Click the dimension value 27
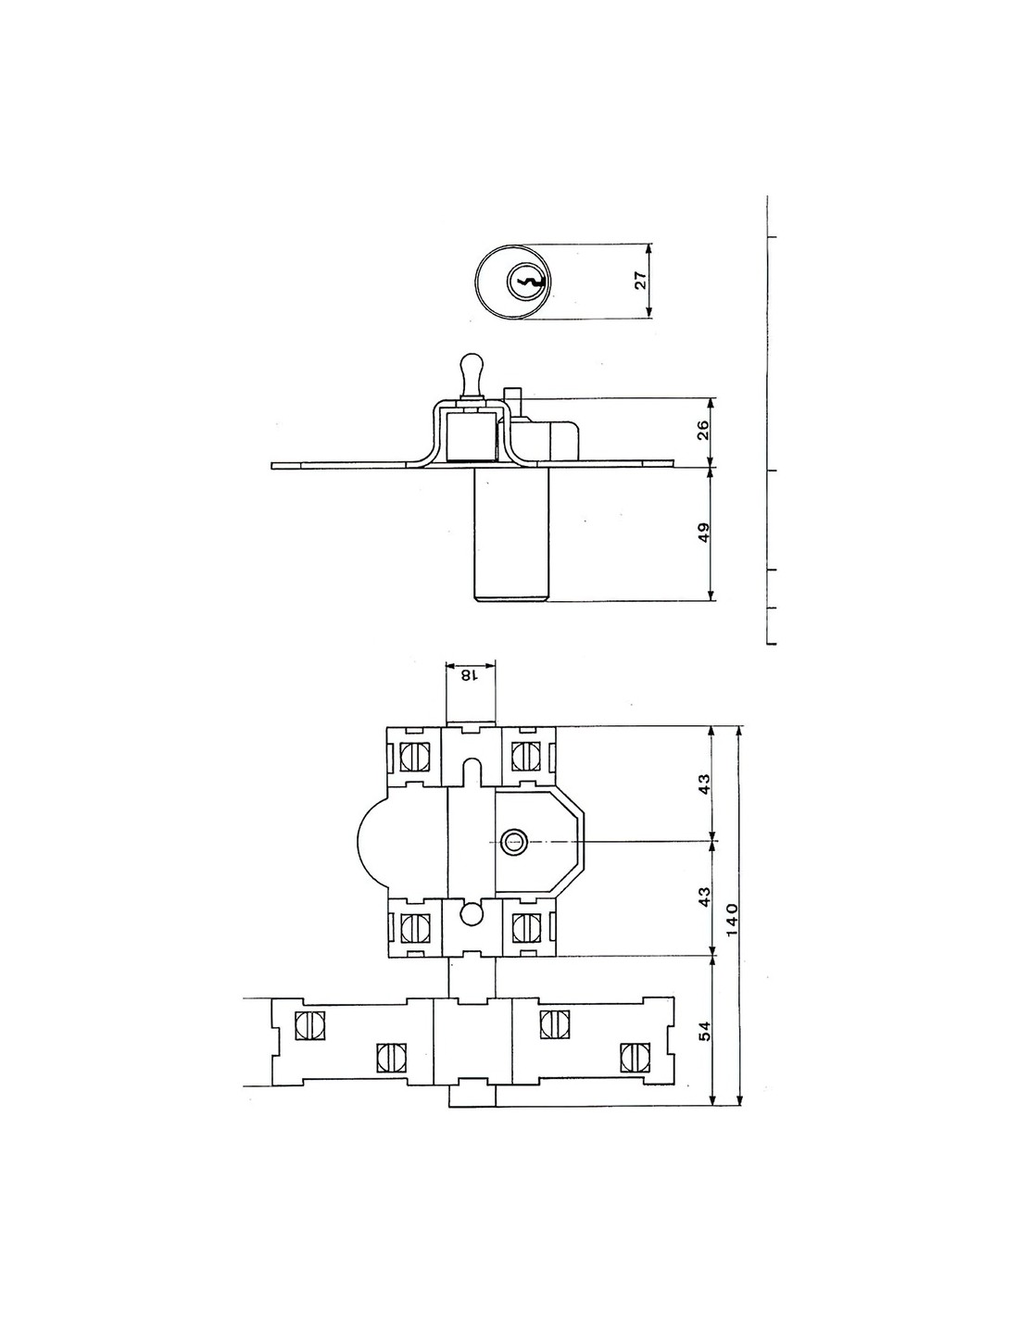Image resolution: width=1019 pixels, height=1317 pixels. [x=641, y=281]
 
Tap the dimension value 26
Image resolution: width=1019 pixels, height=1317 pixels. [x=702, y=432]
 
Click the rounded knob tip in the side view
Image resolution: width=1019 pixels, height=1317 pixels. [x=470, y=367]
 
